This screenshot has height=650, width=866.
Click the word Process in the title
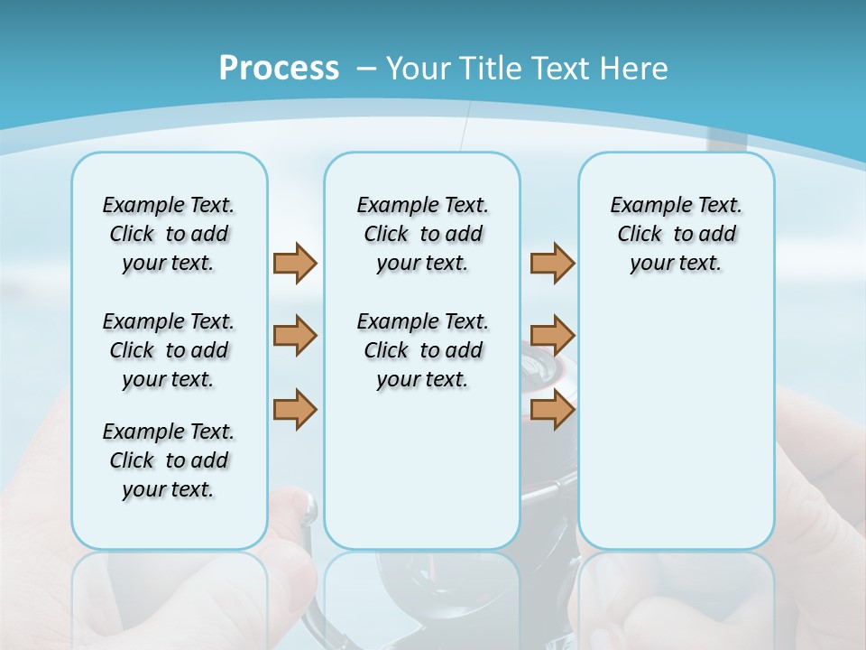[279, 68]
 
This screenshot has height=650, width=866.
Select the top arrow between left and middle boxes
[295, 263]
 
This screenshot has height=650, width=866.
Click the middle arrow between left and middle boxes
[295, 336]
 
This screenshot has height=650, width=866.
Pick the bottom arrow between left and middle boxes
[295, 409]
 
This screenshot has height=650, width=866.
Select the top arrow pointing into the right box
[552, 263]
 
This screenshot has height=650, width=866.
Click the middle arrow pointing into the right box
[552, 336]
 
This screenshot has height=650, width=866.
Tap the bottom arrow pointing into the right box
[552, 409]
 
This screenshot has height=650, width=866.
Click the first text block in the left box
[169, 234]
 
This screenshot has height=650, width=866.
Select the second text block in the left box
[169, 350]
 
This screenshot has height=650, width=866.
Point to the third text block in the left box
[169, 460]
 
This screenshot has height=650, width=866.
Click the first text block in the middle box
[422, 234]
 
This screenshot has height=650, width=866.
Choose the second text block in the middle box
[422, 350]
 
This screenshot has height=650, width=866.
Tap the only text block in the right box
[676, 234]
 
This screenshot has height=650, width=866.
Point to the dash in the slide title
[366, 69]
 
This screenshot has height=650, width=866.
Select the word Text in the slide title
[563, 69]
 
